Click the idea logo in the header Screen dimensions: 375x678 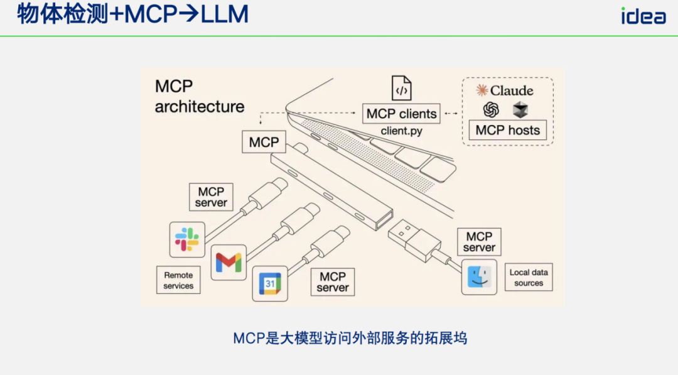(x=643, y=16)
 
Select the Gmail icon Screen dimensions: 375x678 (x=229, y=262)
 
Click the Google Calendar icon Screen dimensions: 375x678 (x=269, y=283)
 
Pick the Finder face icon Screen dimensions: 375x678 (x=479, y=276)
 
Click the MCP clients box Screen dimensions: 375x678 (x=401, y=114)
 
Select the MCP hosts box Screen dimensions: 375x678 (x=507, y=130)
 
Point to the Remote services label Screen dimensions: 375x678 (x=178, y=280)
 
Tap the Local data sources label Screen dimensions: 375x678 (x=529, y=278)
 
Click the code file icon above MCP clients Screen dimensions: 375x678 (x=401, y=89)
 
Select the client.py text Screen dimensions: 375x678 (x=401, y=131)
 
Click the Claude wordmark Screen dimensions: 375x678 (x=505, y=90)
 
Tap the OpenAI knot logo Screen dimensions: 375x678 (x=491, y=110)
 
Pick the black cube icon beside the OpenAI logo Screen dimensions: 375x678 (x=520, y=110)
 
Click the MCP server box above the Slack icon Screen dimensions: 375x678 (x=211, y=197)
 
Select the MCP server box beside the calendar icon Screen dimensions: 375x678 (x=333, y=282)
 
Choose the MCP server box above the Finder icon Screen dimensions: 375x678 (x=479, y=242)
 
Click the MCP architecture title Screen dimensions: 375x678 (x=200, y=97)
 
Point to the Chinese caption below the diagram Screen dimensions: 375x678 (x=350, y=339)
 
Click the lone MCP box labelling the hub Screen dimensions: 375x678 (x=264, y=142)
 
